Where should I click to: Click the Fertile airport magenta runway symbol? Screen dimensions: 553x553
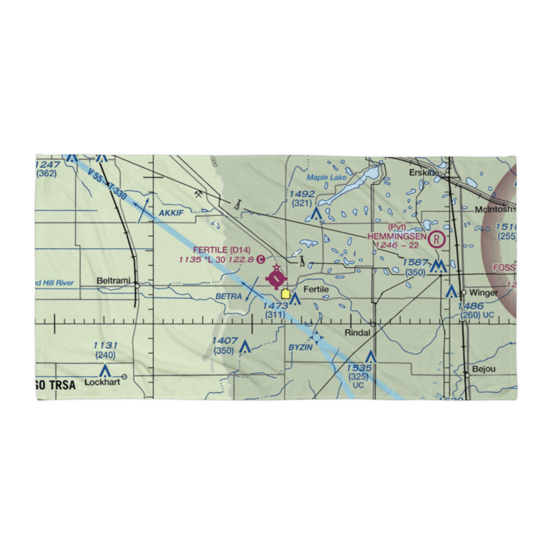[x=276, y=278]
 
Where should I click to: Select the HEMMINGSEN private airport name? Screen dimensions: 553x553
[x=397, y=236]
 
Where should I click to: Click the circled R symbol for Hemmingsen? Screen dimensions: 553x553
[x=437, y=239]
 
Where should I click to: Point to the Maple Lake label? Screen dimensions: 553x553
[x=326, y=178]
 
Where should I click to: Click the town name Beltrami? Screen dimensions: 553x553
[x=113, y=281]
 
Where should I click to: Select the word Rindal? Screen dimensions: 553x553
[x=357, y=332]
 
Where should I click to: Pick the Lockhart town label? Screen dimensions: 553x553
[x=102, y=382]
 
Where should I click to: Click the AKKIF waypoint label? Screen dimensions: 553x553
[x=171, y=213]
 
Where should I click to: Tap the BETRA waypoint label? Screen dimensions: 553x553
[x=228, y=296]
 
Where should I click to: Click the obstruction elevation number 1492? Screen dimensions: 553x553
[x=302, y=194]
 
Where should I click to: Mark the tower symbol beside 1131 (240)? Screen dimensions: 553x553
[x=105, y=370]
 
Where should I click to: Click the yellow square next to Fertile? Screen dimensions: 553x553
[x=285, y=294]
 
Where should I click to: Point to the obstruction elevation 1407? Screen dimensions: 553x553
[x=225, y=341]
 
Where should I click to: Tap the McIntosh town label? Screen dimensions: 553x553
[x=494, y=210]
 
